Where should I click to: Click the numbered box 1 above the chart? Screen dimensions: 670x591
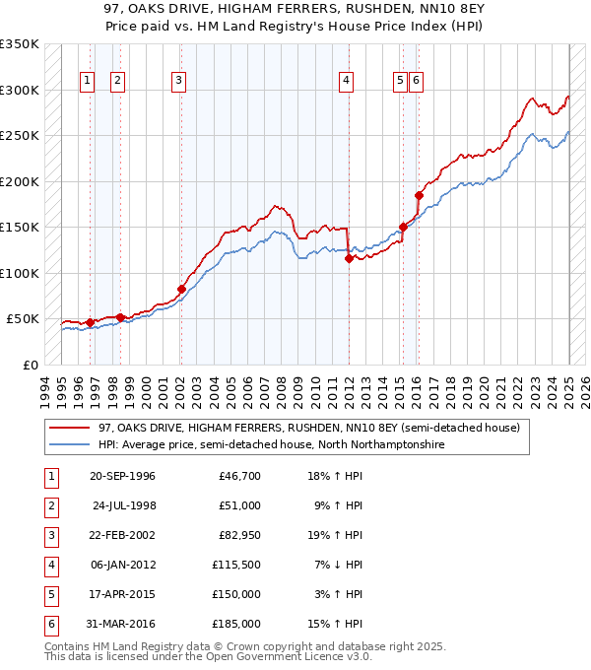click(x=87, y=82)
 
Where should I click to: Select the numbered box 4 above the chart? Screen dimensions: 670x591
click(x=347, y=82)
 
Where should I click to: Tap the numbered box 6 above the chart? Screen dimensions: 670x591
click(x=417, y=82)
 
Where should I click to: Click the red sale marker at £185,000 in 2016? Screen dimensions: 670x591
click(x=419, y=195)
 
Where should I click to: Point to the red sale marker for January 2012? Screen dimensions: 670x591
click(x=349, y=259)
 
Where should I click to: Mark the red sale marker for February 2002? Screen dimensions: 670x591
click(x=181, y=289)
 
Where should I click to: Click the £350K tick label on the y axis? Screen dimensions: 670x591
click(x=20, y=44)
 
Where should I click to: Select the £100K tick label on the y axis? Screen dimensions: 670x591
click(x=20, y=273)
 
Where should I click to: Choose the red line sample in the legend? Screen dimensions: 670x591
click(x=70, y=429)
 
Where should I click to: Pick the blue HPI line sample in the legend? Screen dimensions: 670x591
click(x=70, y=445)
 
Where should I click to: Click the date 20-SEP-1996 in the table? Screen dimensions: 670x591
click(x=122, y=476)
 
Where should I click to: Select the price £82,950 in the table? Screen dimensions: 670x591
click(x=239, y=535)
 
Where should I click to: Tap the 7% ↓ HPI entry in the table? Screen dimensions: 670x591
click(x=336, y=565)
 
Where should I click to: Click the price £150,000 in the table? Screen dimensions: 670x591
click(x=237, y=594)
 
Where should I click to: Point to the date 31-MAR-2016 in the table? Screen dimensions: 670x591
click(x=122, y=624)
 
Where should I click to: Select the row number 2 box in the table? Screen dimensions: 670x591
click(x=51, y=505)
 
